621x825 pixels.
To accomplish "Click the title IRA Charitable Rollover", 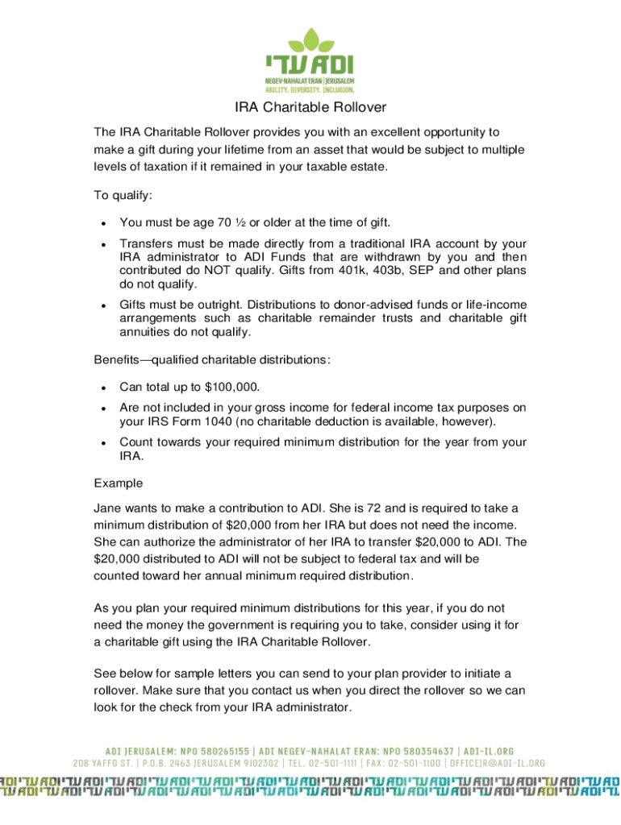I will point(310,107).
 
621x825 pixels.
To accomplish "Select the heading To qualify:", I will point(123,195).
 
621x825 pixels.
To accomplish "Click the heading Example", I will point(119,483).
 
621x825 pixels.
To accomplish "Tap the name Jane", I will point(109,508).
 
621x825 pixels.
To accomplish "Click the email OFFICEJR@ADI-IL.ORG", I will point(499,763).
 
